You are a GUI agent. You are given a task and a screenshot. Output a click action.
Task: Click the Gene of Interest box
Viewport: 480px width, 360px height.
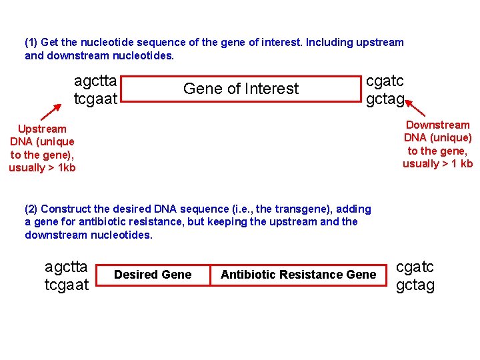click(241, 89)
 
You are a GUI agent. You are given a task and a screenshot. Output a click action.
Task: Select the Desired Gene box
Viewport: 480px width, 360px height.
click(153, 275)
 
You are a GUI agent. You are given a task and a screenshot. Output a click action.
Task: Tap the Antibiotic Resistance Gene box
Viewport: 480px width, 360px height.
click(298, 275)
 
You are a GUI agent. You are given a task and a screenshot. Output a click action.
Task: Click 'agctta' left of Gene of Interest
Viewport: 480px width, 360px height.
click(95, 81)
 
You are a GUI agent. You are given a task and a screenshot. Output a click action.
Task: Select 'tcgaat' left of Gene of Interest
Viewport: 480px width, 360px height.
click(95, 99)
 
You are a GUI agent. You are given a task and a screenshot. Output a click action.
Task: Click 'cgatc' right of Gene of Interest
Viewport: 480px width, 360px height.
click(385, 81)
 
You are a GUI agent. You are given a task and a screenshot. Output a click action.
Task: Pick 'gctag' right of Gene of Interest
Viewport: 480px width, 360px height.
click(385, 99)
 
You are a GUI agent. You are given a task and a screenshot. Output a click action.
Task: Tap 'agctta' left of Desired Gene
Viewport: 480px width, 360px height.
click(66, 267)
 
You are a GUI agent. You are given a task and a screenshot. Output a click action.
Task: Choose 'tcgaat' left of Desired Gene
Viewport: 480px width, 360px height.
click(66, 285)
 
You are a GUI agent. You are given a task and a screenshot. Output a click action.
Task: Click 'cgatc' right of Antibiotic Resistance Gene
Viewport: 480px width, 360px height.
click(415, 267)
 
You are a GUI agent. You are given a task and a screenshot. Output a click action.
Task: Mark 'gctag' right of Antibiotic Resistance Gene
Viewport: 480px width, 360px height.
click(415, 285)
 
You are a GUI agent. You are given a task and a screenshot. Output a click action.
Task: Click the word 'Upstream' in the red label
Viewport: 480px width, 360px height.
click(42, 129)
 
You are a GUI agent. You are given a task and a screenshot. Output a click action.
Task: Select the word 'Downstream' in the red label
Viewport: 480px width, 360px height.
click(437, 125)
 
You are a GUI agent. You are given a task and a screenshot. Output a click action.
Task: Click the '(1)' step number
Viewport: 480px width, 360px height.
click(31, 43)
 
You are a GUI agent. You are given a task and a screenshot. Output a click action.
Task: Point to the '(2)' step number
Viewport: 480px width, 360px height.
click(31, 209)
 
